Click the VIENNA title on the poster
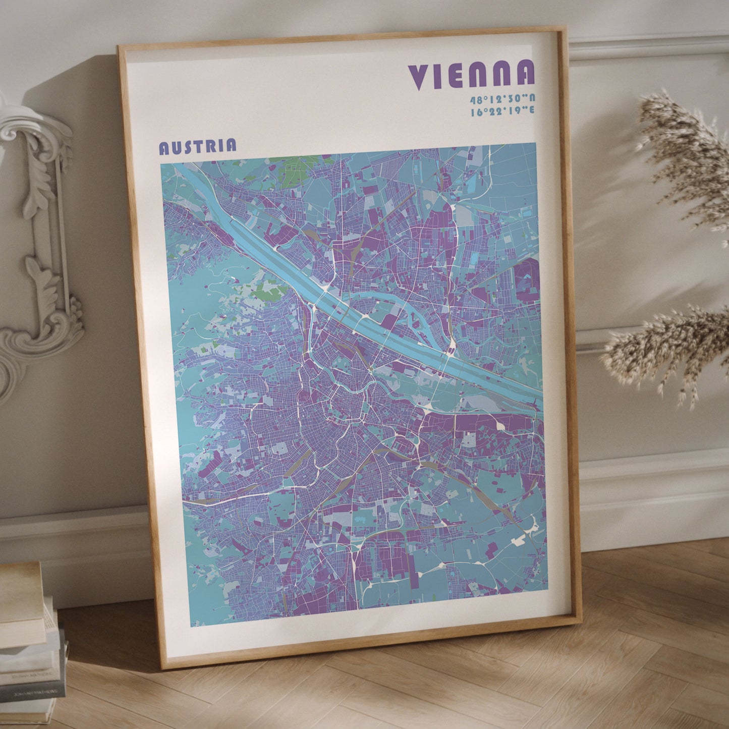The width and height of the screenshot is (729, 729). click(471, 75)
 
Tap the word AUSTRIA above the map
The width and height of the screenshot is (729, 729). click(197, 146)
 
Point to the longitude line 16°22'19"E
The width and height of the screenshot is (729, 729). click(502, 111)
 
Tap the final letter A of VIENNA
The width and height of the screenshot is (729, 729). click(525, 73)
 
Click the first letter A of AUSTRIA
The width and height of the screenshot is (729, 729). click(164, 148)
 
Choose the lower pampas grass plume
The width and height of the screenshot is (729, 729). click(666, 348)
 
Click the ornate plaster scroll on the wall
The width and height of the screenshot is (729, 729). click(40, 242)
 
